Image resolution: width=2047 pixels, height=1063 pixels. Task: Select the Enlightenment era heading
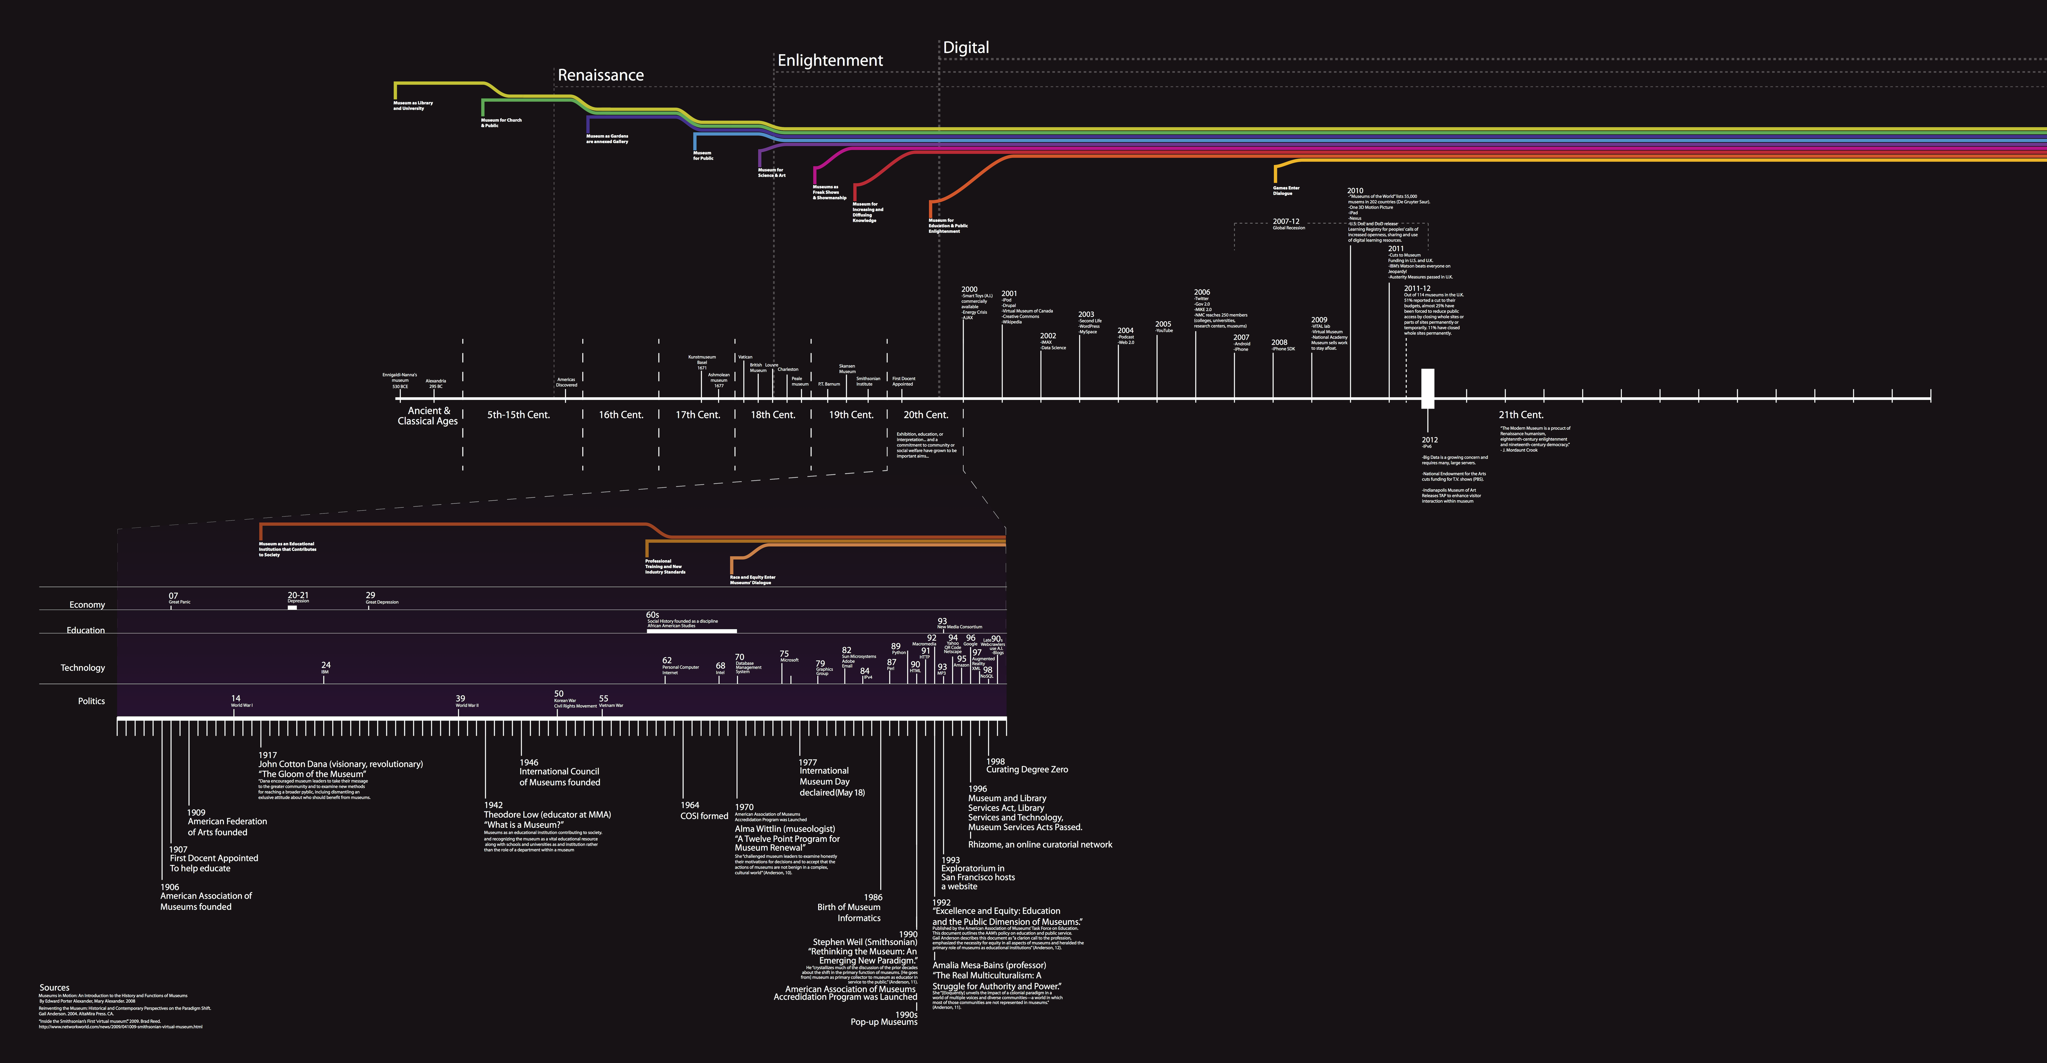tap(830, 61)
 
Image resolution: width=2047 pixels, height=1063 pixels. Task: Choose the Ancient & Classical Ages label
tap(428, 416)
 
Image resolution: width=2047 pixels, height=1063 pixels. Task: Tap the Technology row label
tap(83, 668)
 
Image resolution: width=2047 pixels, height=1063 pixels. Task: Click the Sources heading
tap(54, 987)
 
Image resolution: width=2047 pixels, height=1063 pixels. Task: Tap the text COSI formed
tap(704, 816)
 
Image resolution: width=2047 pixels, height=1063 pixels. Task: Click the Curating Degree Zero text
tap(1027, 770)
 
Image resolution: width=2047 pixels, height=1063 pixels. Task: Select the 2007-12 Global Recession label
tap(1287, 224)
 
